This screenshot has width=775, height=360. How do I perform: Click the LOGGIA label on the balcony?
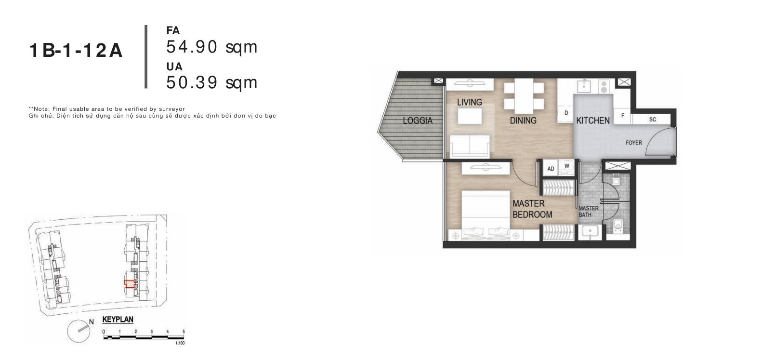418,120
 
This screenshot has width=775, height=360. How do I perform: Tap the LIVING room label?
470,102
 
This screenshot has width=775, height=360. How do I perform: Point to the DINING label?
523,120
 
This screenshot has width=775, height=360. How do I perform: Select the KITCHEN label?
593,120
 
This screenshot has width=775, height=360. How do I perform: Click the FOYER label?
634,143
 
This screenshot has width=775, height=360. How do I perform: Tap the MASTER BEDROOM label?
532,209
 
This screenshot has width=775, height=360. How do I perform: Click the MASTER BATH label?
589,212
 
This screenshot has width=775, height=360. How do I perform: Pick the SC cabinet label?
653,120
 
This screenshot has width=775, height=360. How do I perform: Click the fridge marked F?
623,116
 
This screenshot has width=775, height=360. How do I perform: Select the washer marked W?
567,166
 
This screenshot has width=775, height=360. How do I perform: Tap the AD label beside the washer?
551,169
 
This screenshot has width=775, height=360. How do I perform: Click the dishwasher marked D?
566,113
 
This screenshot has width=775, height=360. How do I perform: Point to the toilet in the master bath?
618,226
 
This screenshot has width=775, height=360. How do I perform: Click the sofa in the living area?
470,146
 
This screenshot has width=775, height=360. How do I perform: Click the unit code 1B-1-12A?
76,51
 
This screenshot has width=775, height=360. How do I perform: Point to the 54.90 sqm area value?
212,47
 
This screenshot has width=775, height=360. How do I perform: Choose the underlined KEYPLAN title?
118,320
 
